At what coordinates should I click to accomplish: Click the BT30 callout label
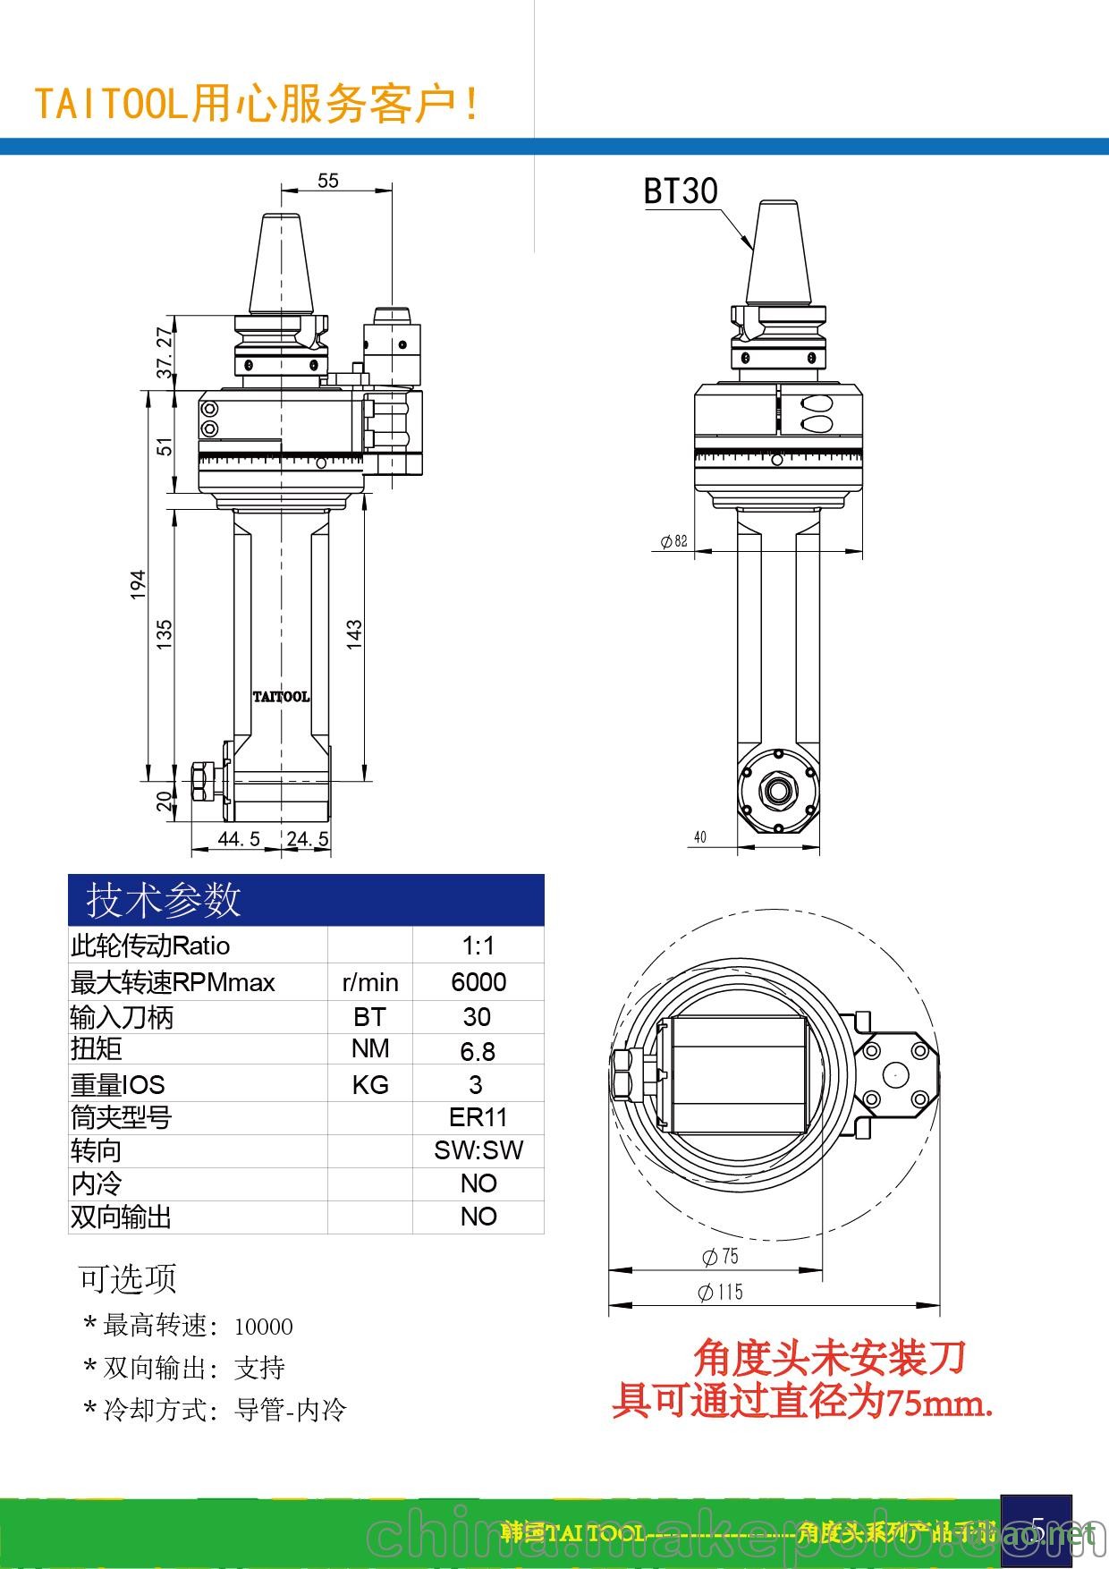[681, 191]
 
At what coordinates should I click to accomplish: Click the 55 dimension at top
[328, 180]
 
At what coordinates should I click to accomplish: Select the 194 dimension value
[138, 584]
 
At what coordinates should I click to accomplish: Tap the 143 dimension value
[354, 633]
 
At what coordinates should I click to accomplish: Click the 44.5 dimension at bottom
[239, 838]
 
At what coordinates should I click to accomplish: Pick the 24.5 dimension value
[308, 838]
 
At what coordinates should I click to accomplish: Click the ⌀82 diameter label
[673, 540]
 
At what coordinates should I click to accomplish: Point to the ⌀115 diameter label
[720, 1292]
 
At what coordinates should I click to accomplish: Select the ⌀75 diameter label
[720, 1257]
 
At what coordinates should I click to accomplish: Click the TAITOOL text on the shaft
[281, 697]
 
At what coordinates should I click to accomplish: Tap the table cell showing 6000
[478, 982]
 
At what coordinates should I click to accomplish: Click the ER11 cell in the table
[478, 1117]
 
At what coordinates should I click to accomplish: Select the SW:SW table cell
[478, 1150]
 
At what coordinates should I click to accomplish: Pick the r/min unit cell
[370, 982]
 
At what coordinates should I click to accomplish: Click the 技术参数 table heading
[164, 899]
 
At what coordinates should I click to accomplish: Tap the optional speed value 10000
[264, 1327]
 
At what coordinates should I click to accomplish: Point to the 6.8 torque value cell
[478, 1051]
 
